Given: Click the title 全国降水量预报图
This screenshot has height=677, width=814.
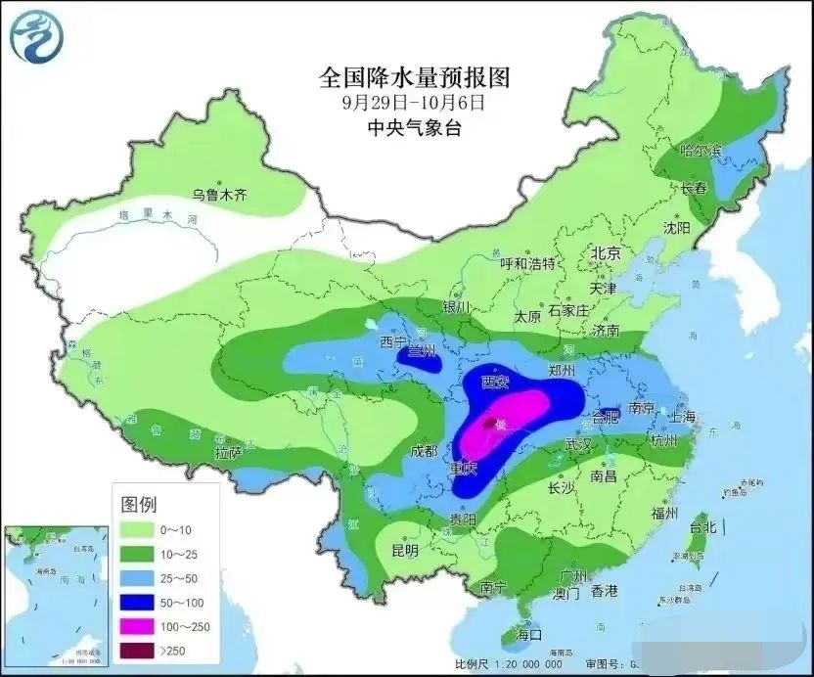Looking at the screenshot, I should [415, 76].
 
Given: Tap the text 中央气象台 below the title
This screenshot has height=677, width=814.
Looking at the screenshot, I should [415, 127].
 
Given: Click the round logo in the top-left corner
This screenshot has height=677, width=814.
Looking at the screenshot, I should [36, 37].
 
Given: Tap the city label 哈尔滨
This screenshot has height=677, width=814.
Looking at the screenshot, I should [700, 151].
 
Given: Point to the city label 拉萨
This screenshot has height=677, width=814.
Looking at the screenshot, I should [228, 453].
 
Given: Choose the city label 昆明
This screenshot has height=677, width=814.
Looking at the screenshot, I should [403, 550].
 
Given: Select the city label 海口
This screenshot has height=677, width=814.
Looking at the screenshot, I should [529, 636].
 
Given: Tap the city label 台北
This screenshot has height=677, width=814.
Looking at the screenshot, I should [702, 526].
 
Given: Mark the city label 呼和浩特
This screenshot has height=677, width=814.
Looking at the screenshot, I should [527, 263].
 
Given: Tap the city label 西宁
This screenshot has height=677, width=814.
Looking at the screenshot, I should [393, 342].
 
